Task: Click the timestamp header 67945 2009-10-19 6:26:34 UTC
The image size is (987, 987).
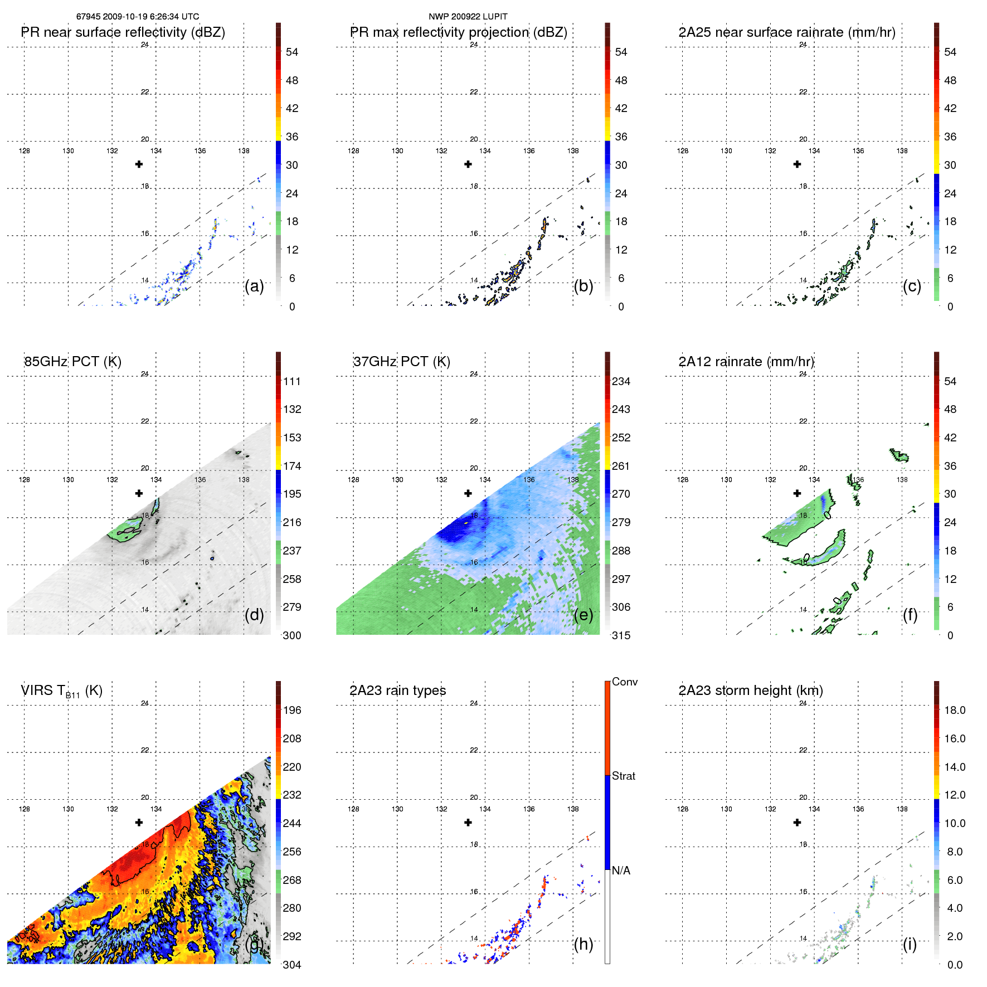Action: [138, 17]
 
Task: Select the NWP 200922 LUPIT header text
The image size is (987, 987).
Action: [468, 17]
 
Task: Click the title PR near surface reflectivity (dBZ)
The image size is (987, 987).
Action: [123, 32]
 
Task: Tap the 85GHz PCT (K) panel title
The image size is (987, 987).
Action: [73, 362]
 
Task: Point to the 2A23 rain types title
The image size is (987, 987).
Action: [397, 691]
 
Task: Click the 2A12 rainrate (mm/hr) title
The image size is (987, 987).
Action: [746, 362]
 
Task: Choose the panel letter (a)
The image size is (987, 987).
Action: [254, 286]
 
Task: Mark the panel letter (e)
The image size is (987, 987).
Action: [583, 615]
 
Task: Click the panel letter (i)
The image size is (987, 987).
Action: [910, 944]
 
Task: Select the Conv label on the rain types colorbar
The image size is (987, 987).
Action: [625, 682]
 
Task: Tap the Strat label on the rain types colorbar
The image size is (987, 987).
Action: [624, 776]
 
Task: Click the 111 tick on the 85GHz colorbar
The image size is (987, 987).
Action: [292, 381]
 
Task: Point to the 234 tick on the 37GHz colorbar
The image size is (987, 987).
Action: [621, 381]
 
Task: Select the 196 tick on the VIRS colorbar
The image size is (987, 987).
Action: [292, 710]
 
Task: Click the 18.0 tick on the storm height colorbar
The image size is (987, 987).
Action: [954, 710]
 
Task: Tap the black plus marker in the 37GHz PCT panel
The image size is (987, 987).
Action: [468, 493]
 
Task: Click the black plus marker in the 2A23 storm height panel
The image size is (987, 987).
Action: [797, 823]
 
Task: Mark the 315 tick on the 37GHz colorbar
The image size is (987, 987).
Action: [621, 635]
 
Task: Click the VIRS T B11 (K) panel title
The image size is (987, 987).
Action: [62, 691]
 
